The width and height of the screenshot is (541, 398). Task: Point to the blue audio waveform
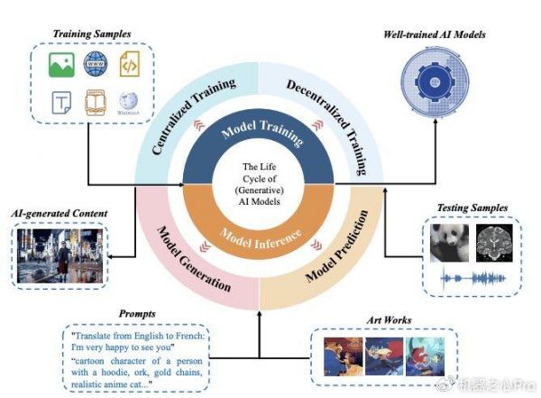tap(473, 279)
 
